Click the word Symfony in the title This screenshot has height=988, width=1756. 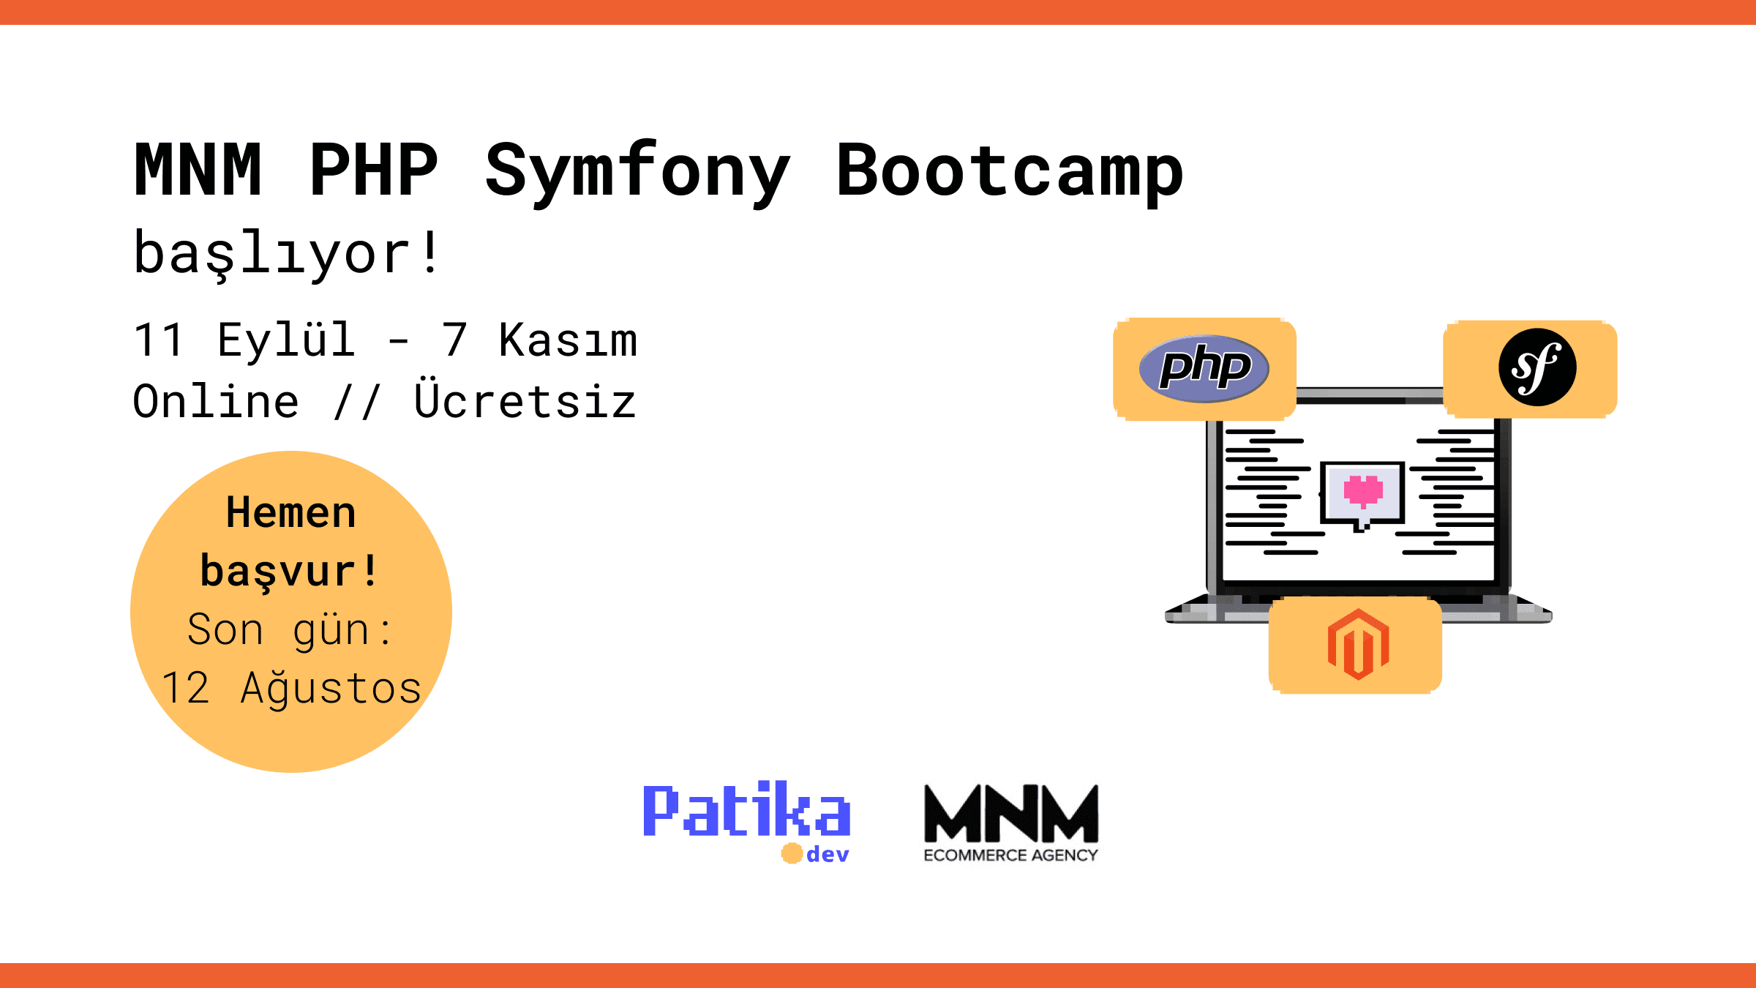pos(637,173)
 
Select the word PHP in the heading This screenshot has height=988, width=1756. pos(374,170)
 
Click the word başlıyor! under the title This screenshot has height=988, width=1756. pos(286,253)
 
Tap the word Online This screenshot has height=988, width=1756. pos(216,401)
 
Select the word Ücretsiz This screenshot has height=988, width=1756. pos(525,400)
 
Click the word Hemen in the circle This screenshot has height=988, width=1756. pos(291,512)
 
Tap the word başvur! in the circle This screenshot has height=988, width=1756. pos(289,572)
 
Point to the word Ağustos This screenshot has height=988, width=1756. pos(331,688)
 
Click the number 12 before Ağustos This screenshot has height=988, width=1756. pos(186,688)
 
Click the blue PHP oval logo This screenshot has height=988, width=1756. pos(1204,368)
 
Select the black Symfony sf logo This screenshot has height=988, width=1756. pos(1537,367)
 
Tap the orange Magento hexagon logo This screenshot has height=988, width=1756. pos(1358,644)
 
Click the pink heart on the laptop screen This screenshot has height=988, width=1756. pos(1363,490)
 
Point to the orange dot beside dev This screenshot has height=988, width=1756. pos(792,853)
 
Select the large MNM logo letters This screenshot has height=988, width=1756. pos(1011,813)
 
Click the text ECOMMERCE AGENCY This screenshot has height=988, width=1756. pos(1010,856)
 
